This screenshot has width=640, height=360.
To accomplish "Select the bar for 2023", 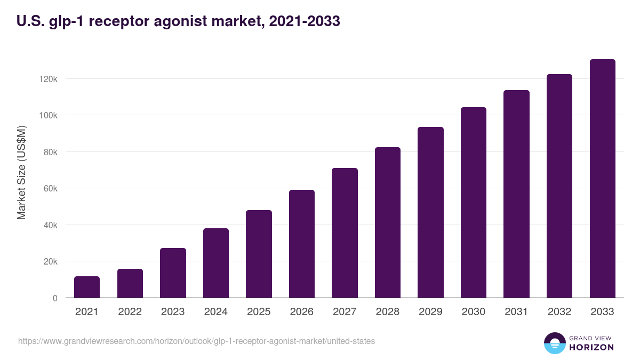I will pos(173,273).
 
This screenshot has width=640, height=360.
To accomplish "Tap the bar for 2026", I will pos(302,244).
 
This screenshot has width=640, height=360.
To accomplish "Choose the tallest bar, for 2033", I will pos(602,179).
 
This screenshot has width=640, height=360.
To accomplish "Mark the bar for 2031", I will pos(516,194).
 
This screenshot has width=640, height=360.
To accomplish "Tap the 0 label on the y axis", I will pos(54,298).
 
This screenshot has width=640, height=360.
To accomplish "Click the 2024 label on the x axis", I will pos(215,312).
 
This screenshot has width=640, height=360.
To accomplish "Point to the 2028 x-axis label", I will pos(387,312).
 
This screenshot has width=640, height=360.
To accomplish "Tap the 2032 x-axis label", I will pos(559,312).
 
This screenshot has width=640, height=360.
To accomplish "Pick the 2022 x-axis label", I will pos(130,312).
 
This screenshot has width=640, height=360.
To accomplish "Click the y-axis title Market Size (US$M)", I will pos(21,173).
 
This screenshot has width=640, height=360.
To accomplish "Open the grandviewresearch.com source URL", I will pos(196,341).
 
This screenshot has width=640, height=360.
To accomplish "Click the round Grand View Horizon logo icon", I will pos(554,343).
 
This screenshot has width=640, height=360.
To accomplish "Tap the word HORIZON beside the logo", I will pos(591,347).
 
